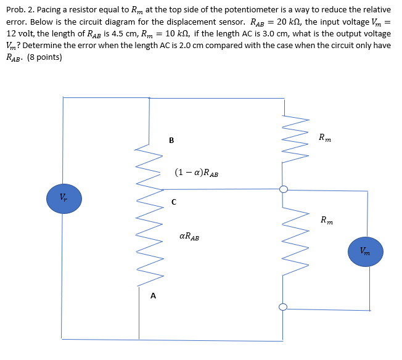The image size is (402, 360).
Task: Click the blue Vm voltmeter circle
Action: (365, 252)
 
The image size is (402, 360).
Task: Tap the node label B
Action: (171, 140)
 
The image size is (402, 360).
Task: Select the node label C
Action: (174, 202)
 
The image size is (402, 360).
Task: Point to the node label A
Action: (154, 296)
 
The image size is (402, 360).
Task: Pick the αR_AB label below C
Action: (189, 236)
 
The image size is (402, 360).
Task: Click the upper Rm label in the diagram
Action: (325, 137)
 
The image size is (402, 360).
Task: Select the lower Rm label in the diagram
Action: (327, 219)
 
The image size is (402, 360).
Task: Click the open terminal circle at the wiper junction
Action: (284, 189)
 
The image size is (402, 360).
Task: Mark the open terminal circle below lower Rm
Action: (284, 308)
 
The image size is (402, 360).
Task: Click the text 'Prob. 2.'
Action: (20, 10)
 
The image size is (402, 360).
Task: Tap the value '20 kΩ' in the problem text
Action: (306, 22)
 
